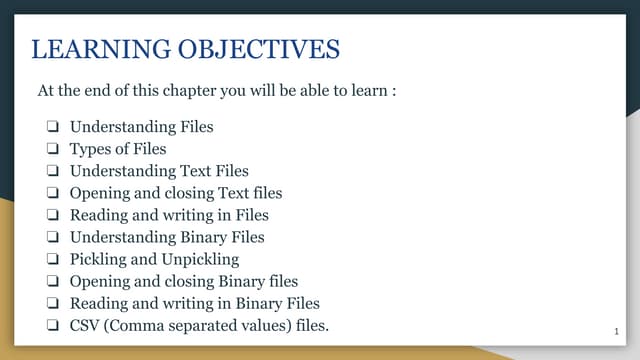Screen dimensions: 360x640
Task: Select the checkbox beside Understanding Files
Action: [50, 127]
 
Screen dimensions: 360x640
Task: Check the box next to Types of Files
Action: [50, 149]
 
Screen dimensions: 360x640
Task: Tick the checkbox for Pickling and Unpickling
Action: [50, 259]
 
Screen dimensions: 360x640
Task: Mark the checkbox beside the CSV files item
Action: [50, 325]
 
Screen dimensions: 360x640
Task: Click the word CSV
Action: [85, 325]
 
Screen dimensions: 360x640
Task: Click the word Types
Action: [90, 149]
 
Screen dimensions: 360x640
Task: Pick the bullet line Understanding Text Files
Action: [159, 171]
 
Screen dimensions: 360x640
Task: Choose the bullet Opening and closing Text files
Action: [176, 193]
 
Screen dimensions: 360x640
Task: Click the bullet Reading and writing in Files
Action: [169, 215]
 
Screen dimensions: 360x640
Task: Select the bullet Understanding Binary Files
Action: [167, 237]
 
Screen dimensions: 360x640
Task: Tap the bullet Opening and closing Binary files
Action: [184, 281]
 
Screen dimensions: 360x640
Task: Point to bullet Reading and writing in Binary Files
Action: [194, 303]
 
